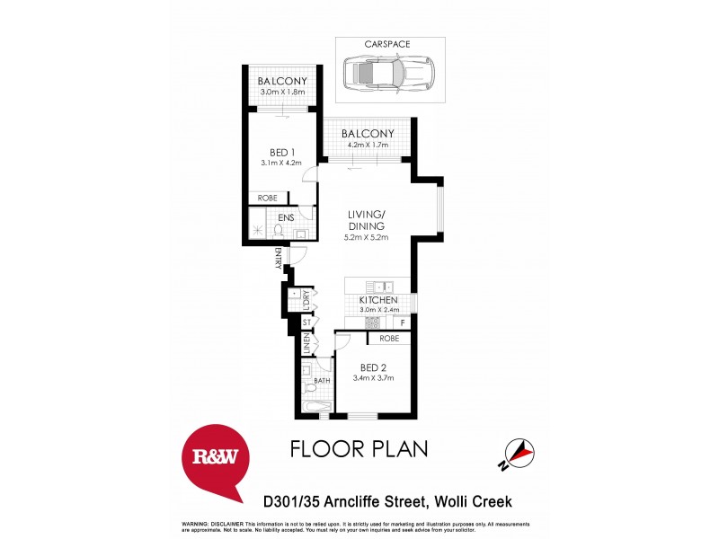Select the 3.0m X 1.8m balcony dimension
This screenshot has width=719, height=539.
pos(283,92)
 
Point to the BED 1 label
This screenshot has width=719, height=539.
pos(283,152)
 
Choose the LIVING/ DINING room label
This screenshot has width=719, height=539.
pos(367,221)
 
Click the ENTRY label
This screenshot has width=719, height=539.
pos(279,259)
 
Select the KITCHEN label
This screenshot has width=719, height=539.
pos(379,300)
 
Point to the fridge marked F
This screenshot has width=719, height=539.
pos(403,322)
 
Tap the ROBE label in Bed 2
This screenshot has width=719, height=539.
pos(388,339)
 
